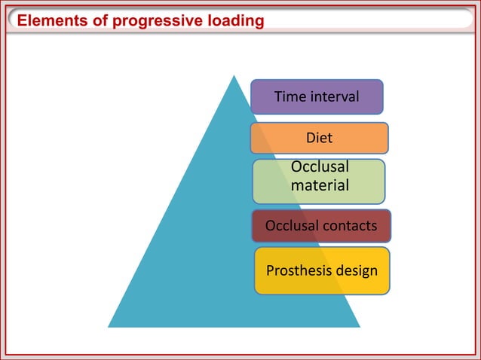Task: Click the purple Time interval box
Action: coord(317,96)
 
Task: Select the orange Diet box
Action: coord(319,138)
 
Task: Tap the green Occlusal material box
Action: coord(319,182)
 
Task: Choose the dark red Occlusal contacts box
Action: coord(321,226)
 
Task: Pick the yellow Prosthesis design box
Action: coord(322,270)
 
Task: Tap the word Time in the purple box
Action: coord(290,96)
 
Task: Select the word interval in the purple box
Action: coord(333,96)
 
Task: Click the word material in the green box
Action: coord(319,185)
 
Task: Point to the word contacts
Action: coord(351,226)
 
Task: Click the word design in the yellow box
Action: coord(357,270)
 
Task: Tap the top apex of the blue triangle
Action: coord(234,75)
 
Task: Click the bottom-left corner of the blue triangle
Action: coord(109,327)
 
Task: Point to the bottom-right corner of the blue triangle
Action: coord(360,327)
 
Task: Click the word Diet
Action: coord(319,138)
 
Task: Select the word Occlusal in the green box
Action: coord(319,167)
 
